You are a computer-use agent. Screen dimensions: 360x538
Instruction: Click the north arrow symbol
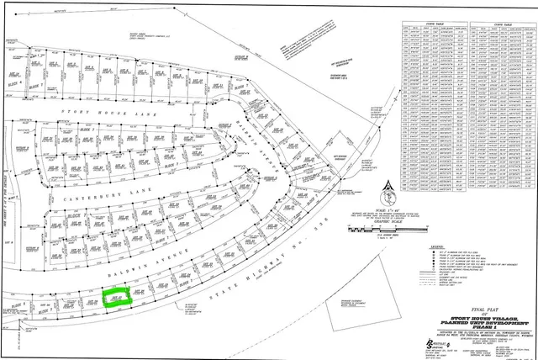point(388,187)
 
